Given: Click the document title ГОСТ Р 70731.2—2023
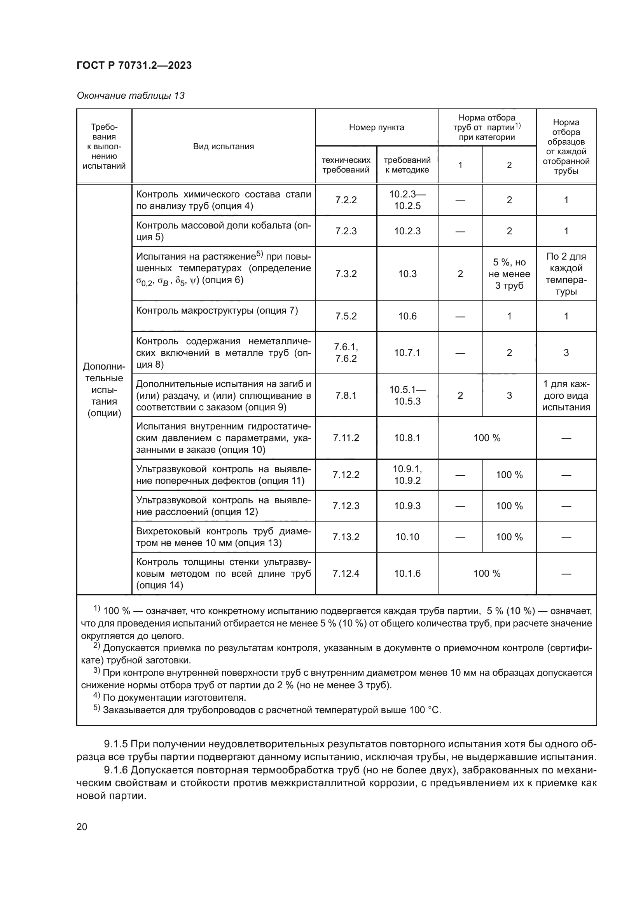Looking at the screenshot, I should [134, 65].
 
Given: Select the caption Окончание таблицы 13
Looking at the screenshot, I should [131, 96].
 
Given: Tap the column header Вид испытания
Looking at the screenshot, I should [223, 147].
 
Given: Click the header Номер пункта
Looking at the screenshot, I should [376, 127].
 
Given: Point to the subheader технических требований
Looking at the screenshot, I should [346, 165].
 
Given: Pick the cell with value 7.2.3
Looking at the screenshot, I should [346, 231].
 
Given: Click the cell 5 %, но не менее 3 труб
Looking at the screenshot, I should [509, 274].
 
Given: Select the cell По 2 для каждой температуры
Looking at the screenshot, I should [566, 274].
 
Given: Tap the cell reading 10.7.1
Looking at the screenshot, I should [407, 352].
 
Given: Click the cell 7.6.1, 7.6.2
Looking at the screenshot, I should [346, 352].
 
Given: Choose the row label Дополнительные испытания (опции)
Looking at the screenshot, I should [104, 389].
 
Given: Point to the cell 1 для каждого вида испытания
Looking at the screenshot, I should [566, 395].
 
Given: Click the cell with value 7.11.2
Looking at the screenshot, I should [346, 438].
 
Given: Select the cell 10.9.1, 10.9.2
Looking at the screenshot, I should [407, 474].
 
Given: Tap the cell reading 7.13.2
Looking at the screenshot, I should [346, 537].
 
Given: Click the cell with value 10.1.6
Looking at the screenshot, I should [407, 573].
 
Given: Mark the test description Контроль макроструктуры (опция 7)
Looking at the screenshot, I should [217, 311].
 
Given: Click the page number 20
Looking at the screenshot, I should [82, 827].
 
